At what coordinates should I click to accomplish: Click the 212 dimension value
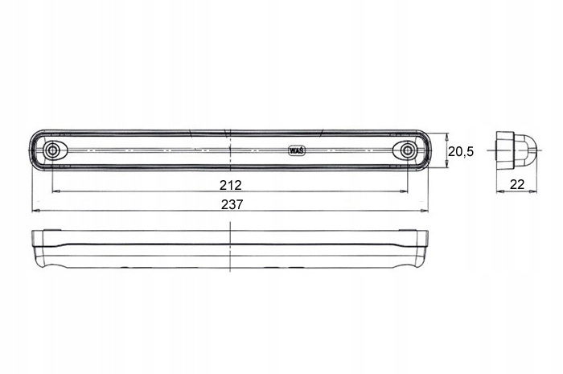click(231, 185)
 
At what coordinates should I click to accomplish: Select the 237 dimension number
click(232, 204)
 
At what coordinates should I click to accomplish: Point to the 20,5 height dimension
click(461, 152)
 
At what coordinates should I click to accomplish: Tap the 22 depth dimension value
click(517, 184)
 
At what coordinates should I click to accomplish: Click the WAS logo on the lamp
click(297, 150)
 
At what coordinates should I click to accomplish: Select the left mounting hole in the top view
click(52, 150)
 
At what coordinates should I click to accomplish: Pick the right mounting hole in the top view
click(407, 150)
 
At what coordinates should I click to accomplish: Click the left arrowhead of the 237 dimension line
click(35, 211)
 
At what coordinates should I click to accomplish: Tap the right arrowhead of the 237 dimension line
click(425, 211)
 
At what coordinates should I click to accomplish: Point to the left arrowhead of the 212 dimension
click(55, 191)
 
